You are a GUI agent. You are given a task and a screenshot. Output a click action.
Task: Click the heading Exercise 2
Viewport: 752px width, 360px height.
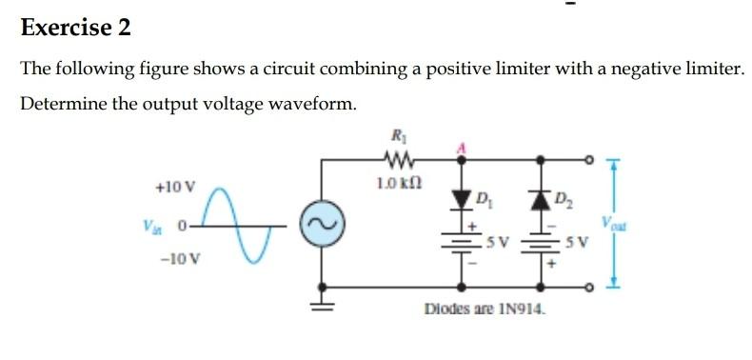[75, 28]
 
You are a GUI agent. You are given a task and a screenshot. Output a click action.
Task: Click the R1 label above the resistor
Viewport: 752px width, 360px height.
[391, 136]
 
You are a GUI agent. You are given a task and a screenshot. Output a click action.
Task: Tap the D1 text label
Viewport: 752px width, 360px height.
[484, 200]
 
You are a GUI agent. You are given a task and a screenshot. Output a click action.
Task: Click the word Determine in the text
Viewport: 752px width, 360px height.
[62, 103]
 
